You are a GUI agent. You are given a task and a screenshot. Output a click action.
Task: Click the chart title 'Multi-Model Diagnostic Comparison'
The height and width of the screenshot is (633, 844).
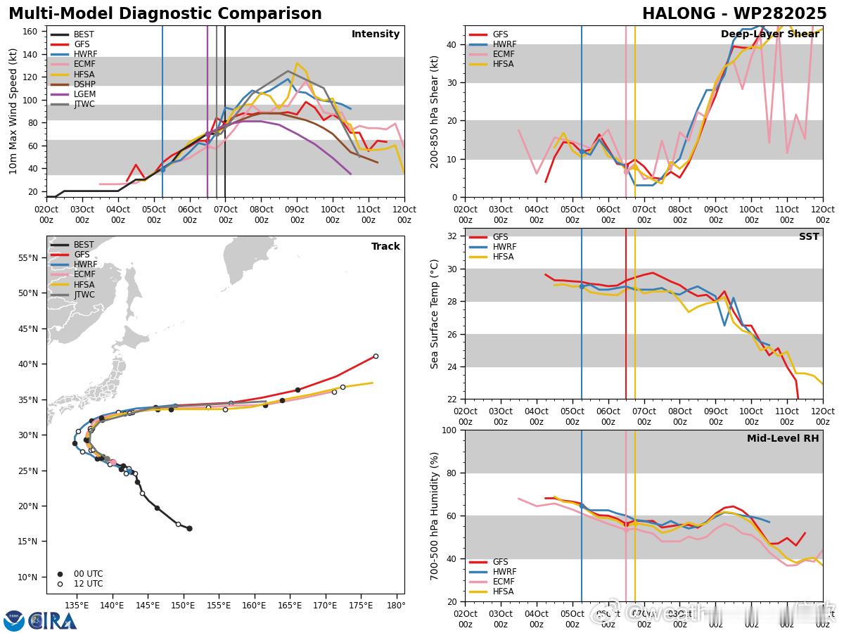click(165, 14)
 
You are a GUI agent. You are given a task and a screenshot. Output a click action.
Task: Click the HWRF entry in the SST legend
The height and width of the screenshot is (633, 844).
click(504, 248)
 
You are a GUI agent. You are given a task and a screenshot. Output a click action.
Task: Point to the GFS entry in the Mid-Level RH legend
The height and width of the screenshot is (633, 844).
click(500, 562)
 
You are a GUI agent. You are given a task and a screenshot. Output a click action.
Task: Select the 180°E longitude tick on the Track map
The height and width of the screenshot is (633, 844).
click(396, 605)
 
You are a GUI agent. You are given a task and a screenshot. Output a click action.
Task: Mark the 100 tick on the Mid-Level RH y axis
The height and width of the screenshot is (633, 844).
click(449, 430)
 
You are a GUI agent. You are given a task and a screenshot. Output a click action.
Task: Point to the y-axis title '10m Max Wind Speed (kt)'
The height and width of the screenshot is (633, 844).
click(13, 111)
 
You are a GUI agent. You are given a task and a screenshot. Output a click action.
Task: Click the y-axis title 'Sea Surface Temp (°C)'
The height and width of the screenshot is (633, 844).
click(434, 314)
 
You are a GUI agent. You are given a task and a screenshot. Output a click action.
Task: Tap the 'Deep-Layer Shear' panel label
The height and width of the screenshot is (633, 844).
click(769, 34)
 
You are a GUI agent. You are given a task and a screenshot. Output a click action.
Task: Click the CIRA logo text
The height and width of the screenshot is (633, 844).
click(53, 620)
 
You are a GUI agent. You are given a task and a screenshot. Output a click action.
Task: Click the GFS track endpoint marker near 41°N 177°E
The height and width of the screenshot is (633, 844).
click(376, 356)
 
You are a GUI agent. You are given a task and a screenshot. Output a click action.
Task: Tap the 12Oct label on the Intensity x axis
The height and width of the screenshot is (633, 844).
click(404, 213)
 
